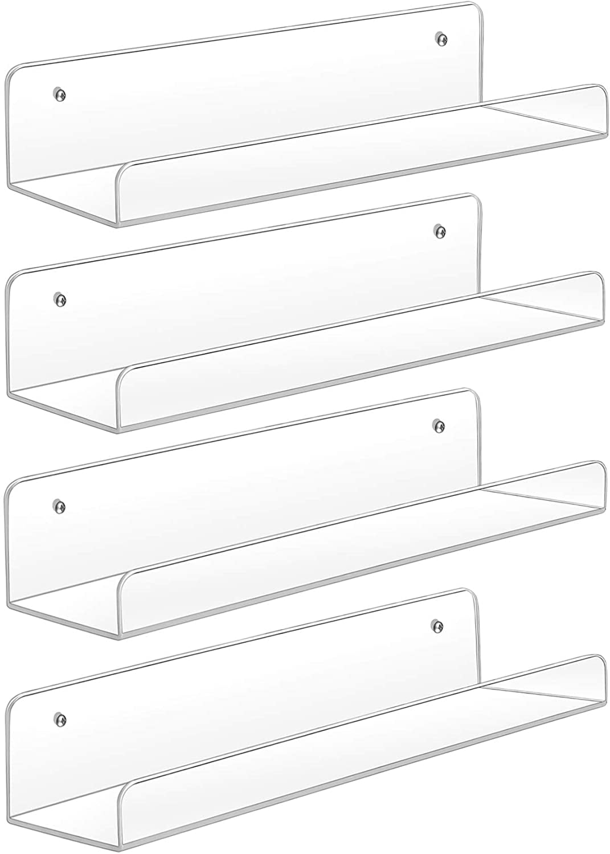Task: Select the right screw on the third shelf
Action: click(x=439, y=425)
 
